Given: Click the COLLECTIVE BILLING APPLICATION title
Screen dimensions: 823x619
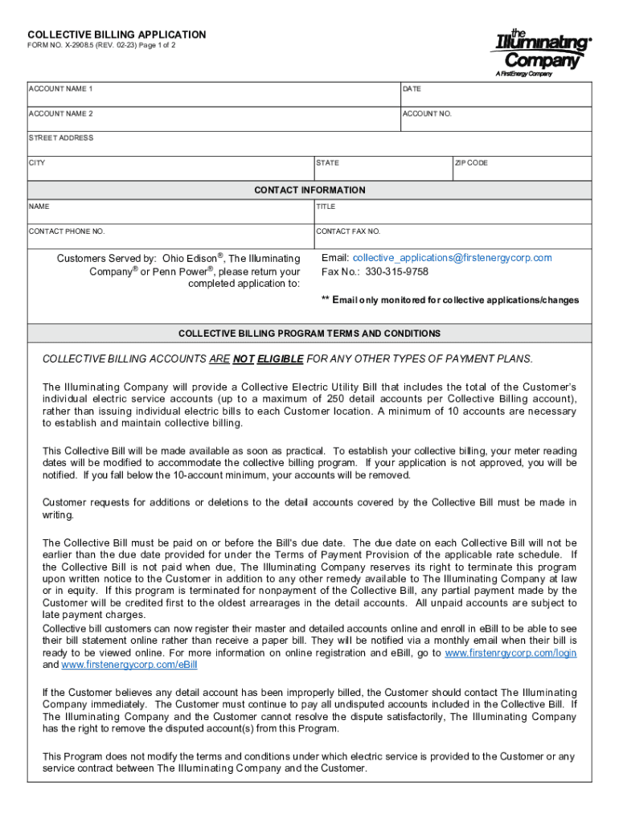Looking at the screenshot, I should (x=117, y=35).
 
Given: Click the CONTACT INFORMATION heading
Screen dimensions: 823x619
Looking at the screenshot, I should (x=309, y=190).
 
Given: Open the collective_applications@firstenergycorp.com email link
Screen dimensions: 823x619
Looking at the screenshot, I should (x=452, y=258).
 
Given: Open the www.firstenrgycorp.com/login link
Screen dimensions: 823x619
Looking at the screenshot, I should (x=510, y=653).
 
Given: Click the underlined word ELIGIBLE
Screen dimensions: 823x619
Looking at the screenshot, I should (x=280, y=358).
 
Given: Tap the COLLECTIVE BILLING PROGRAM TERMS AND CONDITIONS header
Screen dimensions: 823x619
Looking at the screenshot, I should (x=309, y=333).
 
